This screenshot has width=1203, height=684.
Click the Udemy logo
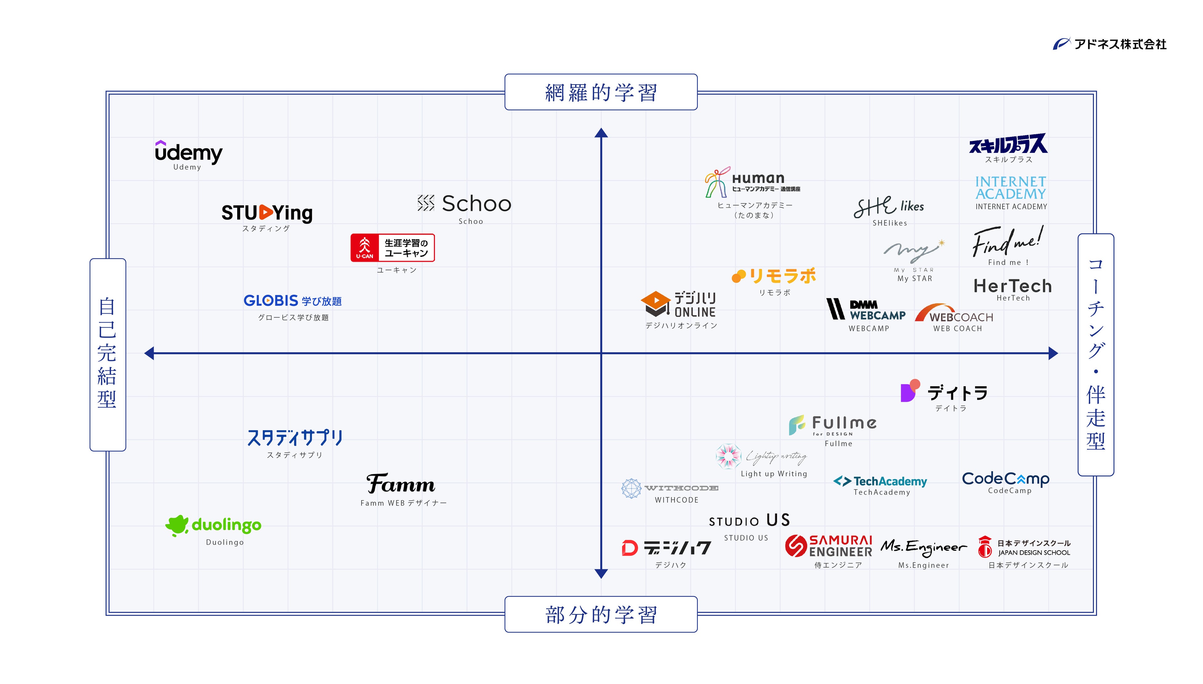click(x=188, y=152)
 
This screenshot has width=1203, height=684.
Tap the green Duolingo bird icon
click(x=177, y=525)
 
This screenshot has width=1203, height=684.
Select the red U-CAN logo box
click(x=392, y=248)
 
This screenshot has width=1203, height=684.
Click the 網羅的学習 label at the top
click(x=601, y=92)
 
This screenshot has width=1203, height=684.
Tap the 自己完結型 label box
click(x=108, y=354)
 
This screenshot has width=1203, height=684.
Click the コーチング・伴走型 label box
click(x=1095, y=354)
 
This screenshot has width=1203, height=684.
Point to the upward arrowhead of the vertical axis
click(x=601, y=133)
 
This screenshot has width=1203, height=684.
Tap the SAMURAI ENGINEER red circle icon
click(x=796, y=546)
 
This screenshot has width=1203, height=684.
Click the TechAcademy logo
click(x=880, y=481)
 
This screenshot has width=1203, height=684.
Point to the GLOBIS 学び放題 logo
click(x=292, y=301)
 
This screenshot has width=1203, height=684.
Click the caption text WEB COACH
click(x=957, y=328)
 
